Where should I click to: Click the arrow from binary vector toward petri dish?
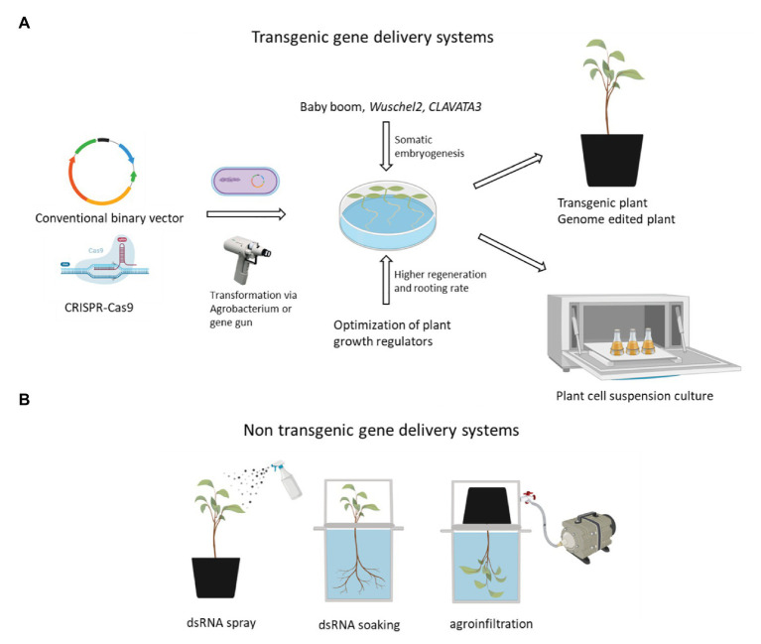[x=246, y=213]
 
